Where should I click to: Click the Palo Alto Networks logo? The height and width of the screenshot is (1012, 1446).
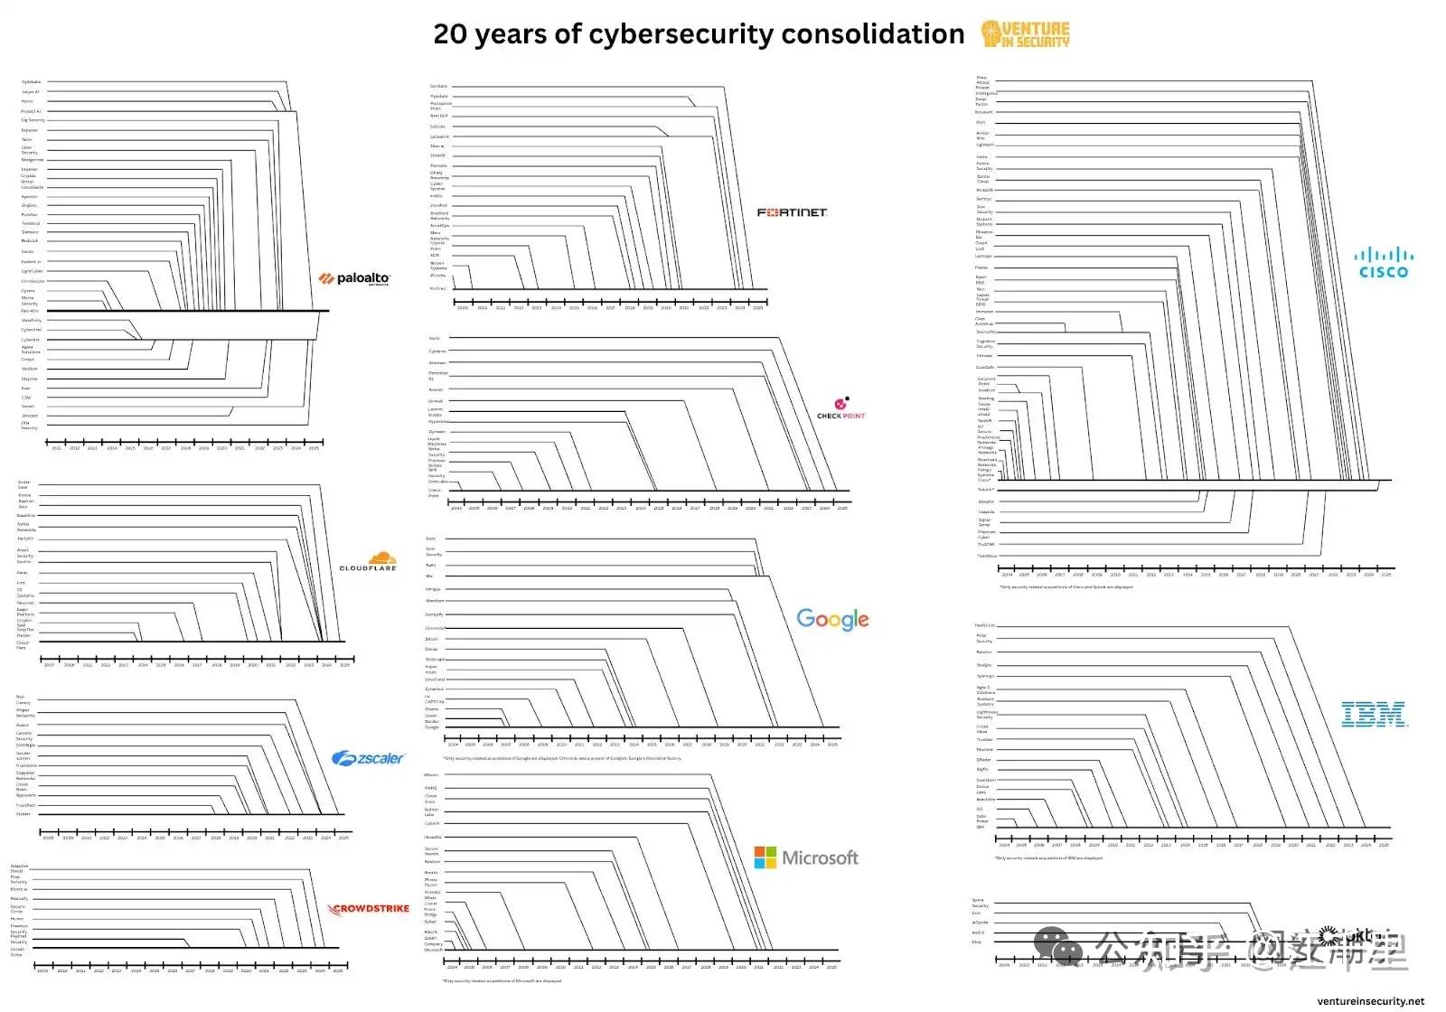[354, 279]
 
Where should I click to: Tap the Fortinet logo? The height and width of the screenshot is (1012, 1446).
[792, 212]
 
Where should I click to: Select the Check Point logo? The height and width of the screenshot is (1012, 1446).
[840, 408]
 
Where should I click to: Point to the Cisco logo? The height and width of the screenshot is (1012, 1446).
[1384, 262]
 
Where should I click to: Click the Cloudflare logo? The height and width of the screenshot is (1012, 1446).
[369, 563]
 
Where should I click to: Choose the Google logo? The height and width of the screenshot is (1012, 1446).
[832, 619]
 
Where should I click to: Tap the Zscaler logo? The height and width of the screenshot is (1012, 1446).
[368, 759]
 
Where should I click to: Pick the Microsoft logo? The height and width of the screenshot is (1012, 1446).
[806, 857]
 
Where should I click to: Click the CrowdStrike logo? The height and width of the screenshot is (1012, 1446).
[369, 909]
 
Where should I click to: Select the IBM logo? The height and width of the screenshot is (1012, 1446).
[1375, 715]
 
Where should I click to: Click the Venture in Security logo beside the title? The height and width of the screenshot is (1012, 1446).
[1026, 34]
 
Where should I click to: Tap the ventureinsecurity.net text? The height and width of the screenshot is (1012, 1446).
[1370, 1001]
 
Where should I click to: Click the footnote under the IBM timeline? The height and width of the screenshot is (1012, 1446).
[1048, 858]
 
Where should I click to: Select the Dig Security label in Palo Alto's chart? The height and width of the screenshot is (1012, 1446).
[33, 120]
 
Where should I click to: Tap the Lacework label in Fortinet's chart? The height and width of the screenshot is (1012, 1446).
[439, 136]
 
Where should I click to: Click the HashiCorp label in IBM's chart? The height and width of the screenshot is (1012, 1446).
[984, 625]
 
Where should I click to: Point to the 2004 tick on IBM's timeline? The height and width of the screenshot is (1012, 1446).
[1004, 840]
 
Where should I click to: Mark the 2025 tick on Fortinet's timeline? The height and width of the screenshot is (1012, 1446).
[758, 303]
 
